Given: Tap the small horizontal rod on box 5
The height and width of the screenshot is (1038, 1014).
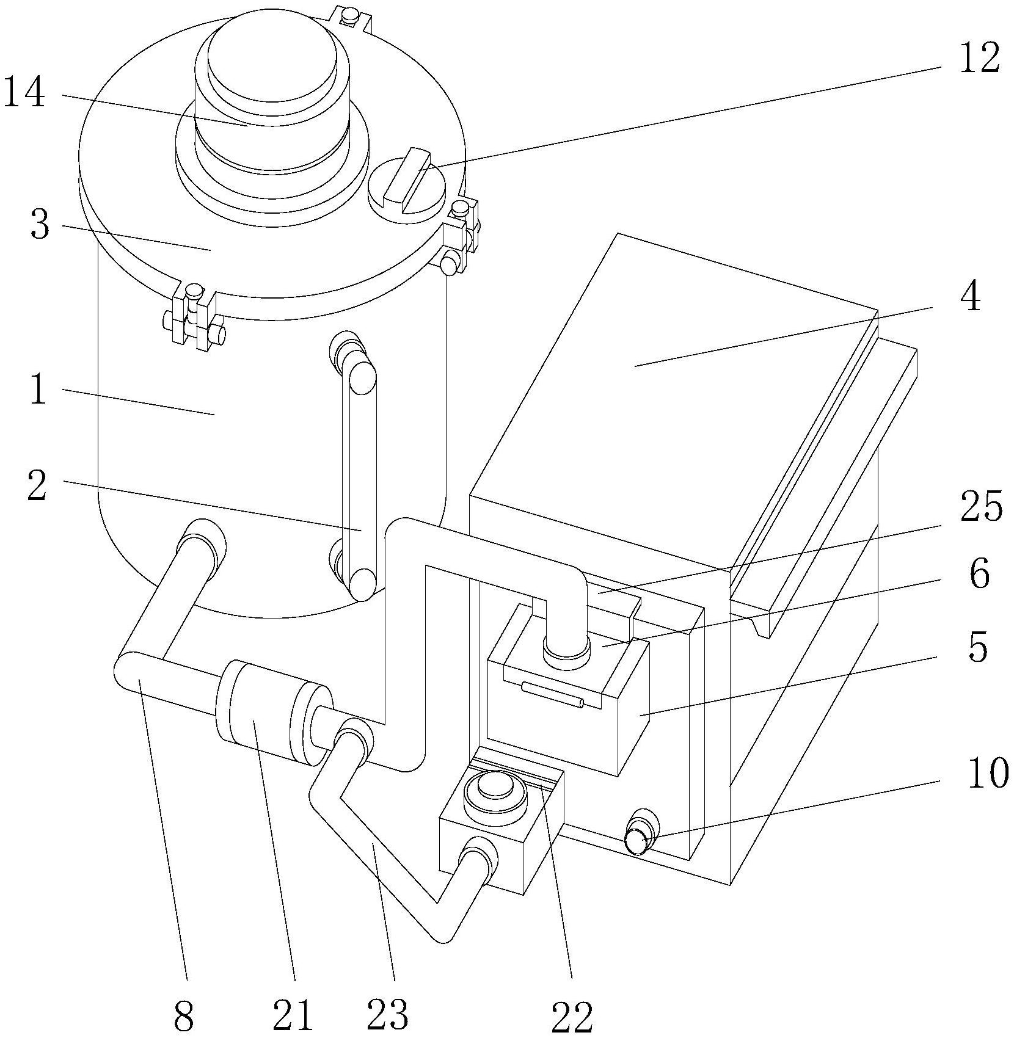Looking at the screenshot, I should click(x=552, y=695).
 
